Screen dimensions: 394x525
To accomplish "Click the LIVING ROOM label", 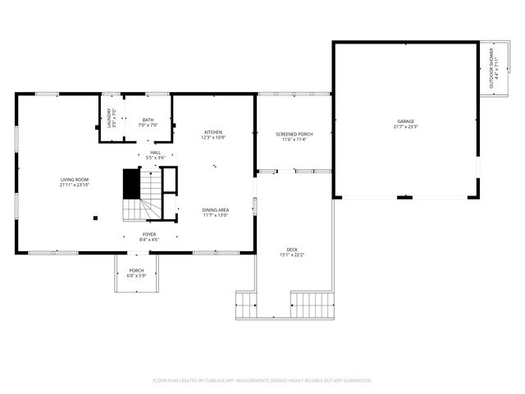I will pos(74,179).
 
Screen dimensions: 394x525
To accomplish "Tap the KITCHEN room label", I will pos(213,132).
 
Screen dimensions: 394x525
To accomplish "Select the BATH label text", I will pos(148,120).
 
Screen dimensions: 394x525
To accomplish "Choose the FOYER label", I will pos(149,234).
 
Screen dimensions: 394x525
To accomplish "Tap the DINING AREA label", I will pos(216,210).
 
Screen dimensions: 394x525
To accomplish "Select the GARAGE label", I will pos(406,121).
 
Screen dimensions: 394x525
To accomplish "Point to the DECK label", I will pos(292,250).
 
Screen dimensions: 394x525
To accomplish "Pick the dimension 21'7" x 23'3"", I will pos(406,127).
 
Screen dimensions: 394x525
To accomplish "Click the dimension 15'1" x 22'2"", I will pos(292,255).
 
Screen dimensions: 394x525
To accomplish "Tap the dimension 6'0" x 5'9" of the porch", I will pos(136,276).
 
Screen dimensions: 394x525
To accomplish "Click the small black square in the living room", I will pos(96,218).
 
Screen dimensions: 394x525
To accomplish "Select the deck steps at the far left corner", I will pos(246,305).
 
